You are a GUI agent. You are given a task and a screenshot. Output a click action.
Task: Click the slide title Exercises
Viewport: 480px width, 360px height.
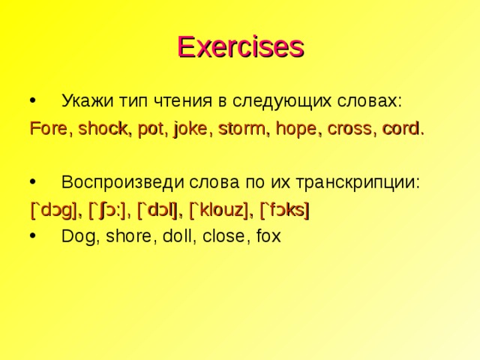pyautogui.click(x=240, y=46)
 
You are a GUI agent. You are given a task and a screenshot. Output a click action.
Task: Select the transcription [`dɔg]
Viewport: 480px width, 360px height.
pyautogui.click(x=55, y=210)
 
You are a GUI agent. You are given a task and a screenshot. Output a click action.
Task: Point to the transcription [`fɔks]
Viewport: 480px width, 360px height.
pyautogui.click(x=285, y=210)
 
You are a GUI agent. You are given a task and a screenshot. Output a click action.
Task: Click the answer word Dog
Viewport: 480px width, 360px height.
pyautogui.click(x=76, y=237)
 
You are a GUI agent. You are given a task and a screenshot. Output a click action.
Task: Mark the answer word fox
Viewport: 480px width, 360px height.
pyautogui.click(x=267, y=237)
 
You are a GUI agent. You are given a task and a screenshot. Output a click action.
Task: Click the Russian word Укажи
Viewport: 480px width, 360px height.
pyautogui.click(x=86, y=101)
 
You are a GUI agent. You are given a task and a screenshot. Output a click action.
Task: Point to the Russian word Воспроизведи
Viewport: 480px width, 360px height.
pyautogui.click(x=121, y=183)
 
